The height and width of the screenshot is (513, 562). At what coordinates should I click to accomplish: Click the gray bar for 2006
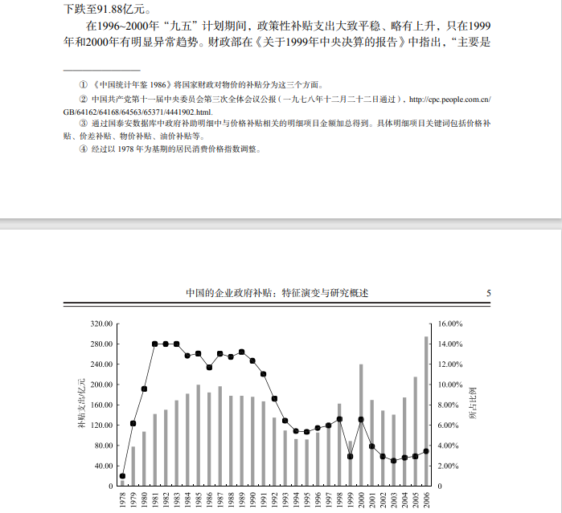point(426,411)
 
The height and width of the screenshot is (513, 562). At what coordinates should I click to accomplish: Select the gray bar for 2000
point(361,425)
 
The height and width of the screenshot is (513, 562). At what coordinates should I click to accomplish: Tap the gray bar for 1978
point(122,483)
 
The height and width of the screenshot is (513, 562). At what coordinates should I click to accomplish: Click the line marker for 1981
point(154,344)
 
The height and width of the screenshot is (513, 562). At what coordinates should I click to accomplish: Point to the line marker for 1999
point(351,456)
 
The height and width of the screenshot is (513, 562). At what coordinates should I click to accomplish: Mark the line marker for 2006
point(426,451)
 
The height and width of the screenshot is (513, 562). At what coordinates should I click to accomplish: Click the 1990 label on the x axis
point(252,500)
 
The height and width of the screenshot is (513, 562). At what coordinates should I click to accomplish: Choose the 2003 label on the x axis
point(394,500)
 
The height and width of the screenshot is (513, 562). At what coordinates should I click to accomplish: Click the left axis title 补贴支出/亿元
point(80,405)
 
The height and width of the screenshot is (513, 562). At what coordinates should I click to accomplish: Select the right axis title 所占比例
point(472,405)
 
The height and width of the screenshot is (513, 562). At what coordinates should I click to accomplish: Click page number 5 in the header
point(489,294)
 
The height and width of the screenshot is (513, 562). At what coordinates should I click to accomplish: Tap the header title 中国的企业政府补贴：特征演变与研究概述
point(277,294)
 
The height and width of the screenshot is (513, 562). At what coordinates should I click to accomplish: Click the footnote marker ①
point(83,84)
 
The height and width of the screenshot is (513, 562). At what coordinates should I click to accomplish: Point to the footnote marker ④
point(83,149)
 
